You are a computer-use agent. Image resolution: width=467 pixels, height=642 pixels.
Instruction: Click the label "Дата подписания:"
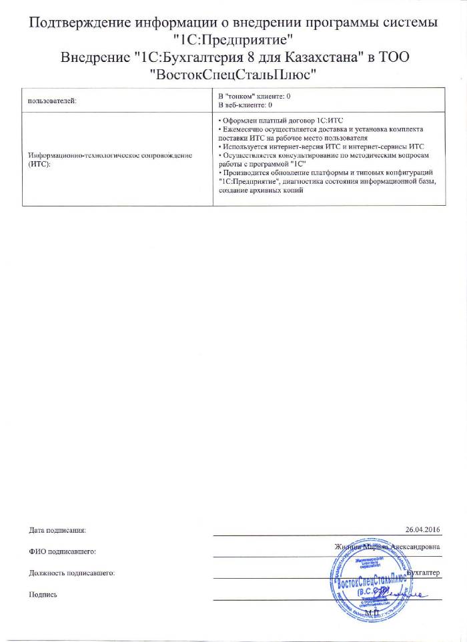[57, 530]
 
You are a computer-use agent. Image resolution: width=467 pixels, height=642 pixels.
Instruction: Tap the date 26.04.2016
[423, 529]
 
